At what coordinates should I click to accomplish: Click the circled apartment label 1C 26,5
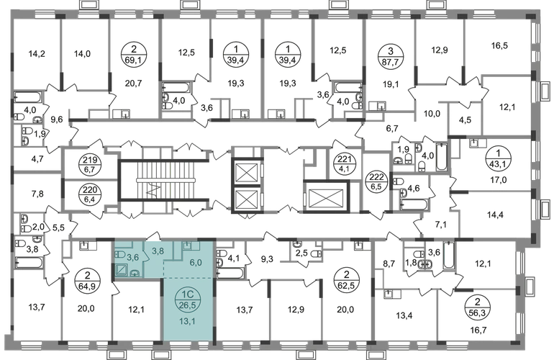coord(188,300)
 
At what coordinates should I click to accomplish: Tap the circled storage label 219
coord(90,165)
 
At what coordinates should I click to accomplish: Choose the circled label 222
coord(376,181)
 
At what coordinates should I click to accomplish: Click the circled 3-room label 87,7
coord(390,55)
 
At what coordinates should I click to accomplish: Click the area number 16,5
coord(499,45)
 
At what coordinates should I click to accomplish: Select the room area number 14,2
coord(37,54)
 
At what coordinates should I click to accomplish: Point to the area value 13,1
coord(187,321)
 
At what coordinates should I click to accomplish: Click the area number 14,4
coord(495,215)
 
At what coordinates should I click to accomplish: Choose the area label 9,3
coord(267,260)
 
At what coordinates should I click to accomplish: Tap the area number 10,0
coord(432,114)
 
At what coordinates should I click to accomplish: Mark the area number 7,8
coord(37,194)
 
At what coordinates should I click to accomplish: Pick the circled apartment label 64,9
coord(86,280)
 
